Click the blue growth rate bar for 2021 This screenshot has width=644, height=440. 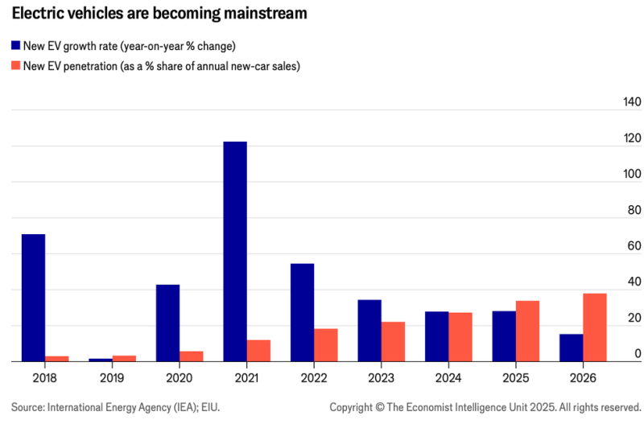click(x=235, y=252)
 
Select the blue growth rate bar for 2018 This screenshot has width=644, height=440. click(x=33, y=298)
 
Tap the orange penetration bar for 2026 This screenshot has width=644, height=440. click(x=595, y=327)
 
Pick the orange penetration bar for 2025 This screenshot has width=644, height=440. click(x=527, y=331)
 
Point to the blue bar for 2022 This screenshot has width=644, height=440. click(x=302, y=313)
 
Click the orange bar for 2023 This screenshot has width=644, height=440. click(x=393, y=342)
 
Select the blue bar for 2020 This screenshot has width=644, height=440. click(x=167, y=323)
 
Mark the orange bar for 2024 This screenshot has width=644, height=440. click(x=460, y=337)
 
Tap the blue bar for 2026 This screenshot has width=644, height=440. click(x=571, y=347)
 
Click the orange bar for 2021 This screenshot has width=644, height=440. click(x=258, y=351)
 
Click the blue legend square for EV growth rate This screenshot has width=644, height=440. click(x=16, y=47)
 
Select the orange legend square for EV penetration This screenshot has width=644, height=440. click(x=16, y=66)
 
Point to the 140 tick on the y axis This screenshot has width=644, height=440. click(x=632, y=102)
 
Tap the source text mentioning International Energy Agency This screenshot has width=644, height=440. click(x=115, y=408)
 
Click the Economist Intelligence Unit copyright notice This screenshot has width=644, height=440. click(x=485, y=408)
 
